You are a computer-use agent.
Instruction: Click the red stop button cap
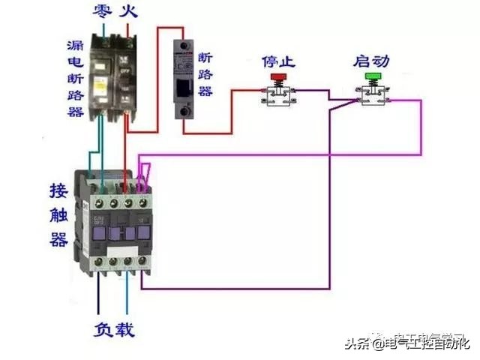(x=278, y=76)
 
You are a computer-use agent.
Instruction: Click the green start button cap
(x=373, y=76)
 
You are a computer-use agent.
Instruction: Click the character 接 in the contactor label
(x=58, y=188)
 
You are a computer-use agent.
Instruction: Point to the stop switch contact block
(x=279, y=96)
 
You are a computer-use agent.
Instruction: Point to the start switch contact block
(x=373, y=95)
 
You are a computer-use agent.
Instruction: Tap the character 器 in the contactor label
(x=58, y=240)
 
